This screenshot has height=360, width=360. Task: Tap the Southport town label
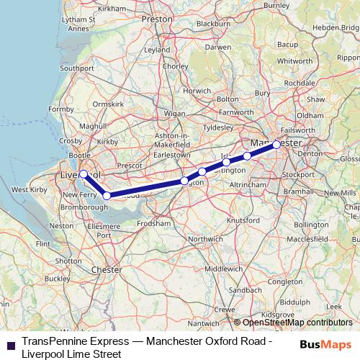click(77, 68)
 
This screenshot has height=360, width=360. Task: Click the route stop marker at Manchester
click(276, 145)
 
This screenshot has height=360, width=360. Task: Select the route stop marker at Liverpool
click(84, 174)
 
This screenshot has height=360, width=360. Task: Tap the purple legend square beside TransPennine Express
click(10, 343)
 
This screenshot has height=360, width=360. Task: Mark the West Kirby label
click(30, 190)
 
